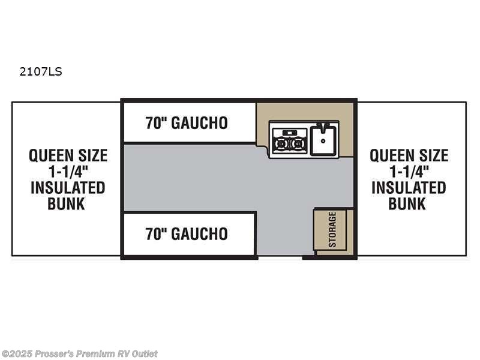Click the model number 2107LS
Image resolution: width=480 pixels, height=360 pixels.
click(41, 71)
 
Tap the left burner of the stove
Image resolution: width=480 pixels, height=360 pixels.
click(280, 143)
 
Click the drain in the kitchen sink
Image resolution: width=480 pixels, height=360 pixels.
click(323, 141)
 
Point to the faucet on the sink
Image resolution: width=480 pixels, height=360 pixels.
click(323, 127)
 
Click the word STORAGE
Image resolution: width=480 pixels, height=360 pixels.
click(332, 230)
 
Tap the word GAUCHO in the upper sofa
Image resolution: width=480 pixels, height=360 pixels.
click(199, 123)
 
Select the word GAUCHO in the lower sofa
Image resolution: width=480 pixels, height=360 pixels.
click(199, 234)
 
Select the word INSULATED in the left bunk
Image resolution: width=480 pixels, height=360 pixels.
click(68, 188)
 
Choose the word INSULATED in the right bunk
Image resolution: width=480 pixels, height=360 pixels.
click(409, 188)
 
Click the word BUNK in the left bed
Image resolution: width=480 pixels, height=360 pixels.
click(66, 204)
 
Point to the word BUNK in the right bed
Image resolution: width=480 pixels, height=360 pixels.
click(407, 204)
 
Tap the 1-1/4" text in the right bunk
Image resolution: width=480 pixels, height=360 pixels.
click(409, 172)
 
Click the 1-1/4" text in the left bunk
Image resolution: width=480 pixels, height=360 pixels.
click(68, 172)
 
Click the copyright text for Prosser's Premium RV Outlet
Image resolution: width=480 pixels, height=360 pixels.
click(79, 354)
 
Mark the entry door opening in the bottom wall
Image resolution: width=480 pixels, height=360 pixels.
click(280, 257)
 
